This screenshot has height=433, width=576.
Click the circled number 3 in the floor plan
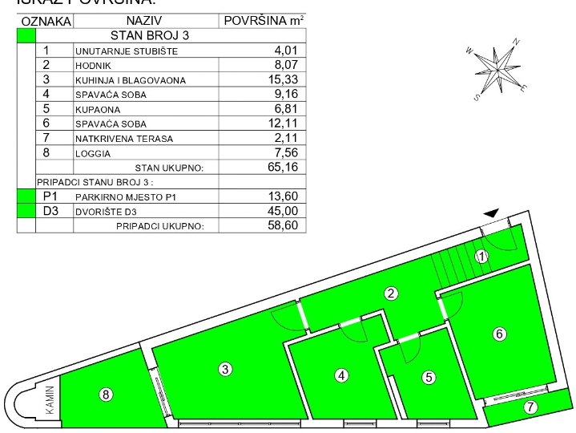[226, 369]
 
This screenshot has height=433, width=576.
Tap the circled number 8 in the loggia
[106, 394]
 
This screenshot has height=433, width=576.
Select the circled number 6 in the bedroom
[500, 334]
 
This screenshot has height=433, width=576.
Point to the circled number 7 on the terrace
[530, 407]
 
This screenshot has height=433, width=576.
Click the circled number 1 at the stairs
[481, 257]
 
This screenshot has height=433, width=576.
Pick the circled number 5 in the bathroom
[429, 376]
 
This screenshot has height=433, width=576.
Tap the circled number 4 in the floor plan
[342, 374]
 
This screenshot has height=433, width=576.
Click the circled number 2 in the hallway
[391, 293]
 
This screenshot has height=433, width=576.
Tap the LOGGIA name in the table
[95, 153]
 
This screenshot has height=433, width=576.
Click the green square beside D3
[26, 211]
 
